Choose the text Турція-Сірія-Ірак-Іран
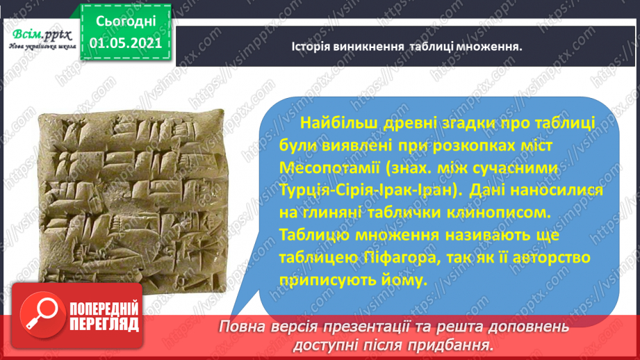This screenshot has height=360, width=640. click(x=369, y=190)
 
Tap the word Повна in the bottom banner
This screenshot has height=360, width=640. click(x=240, y=327)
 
